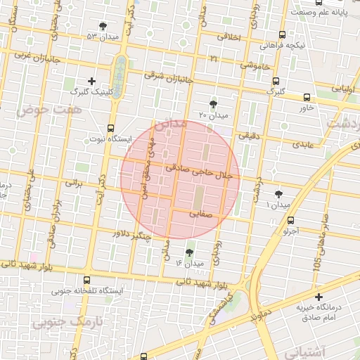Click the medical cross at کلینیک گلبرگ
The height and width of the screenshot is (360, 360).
[91, 82]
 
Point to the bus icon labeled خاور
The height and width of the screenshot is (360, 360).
[307, 98]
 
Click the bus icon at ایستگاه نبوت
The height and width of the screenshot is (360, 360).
[110, 129]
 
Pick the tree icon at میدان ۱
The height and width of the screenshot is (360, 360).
[279, 193]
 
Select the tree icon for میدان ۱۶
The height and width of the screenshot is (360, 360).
[189, 252]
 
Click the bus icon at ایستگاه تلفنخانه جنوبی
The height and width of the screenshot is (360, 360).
[86, 279]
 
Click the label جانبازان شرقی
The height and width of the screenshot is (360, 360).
[169, 76]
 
